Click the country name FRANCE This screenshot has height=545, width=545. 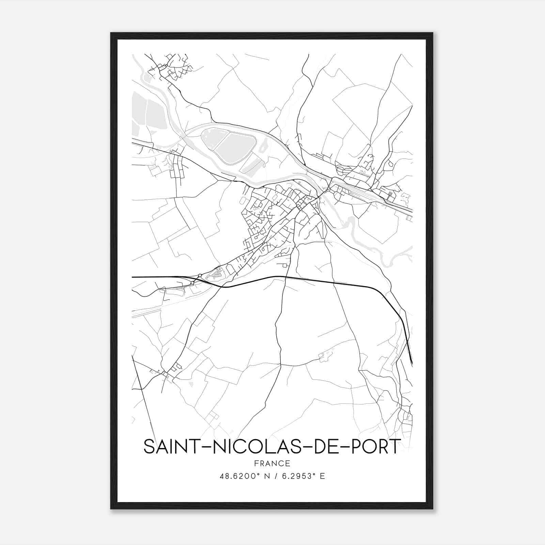point(272,463)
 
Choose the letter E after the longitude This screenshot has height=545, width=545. point(322,476)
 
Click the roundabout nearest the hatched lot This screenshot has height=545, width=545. point(200,276)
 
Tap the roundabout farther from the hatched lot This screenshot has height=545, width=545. point(192,283)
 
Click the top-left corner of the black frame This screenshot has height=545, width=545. point(111,33)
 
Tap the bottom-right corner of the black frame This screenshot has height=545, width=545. point(433,509)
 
